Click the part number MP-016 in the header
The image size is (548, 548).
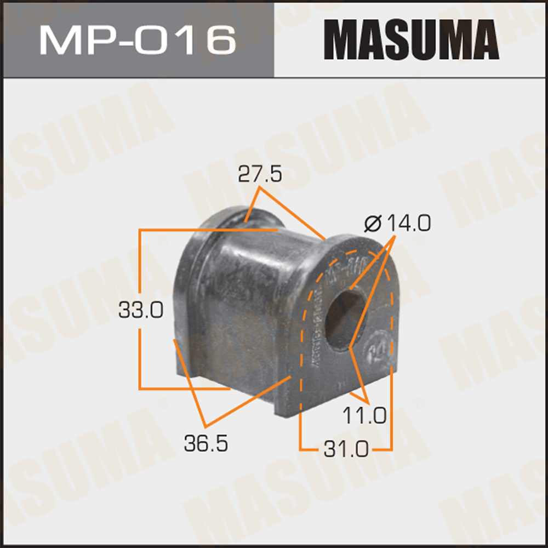tap(138, 39)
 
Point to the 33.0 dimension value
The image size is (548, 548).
tap(141, 311)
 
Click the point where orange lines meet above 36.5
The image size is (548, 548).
tap(206, 426)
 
